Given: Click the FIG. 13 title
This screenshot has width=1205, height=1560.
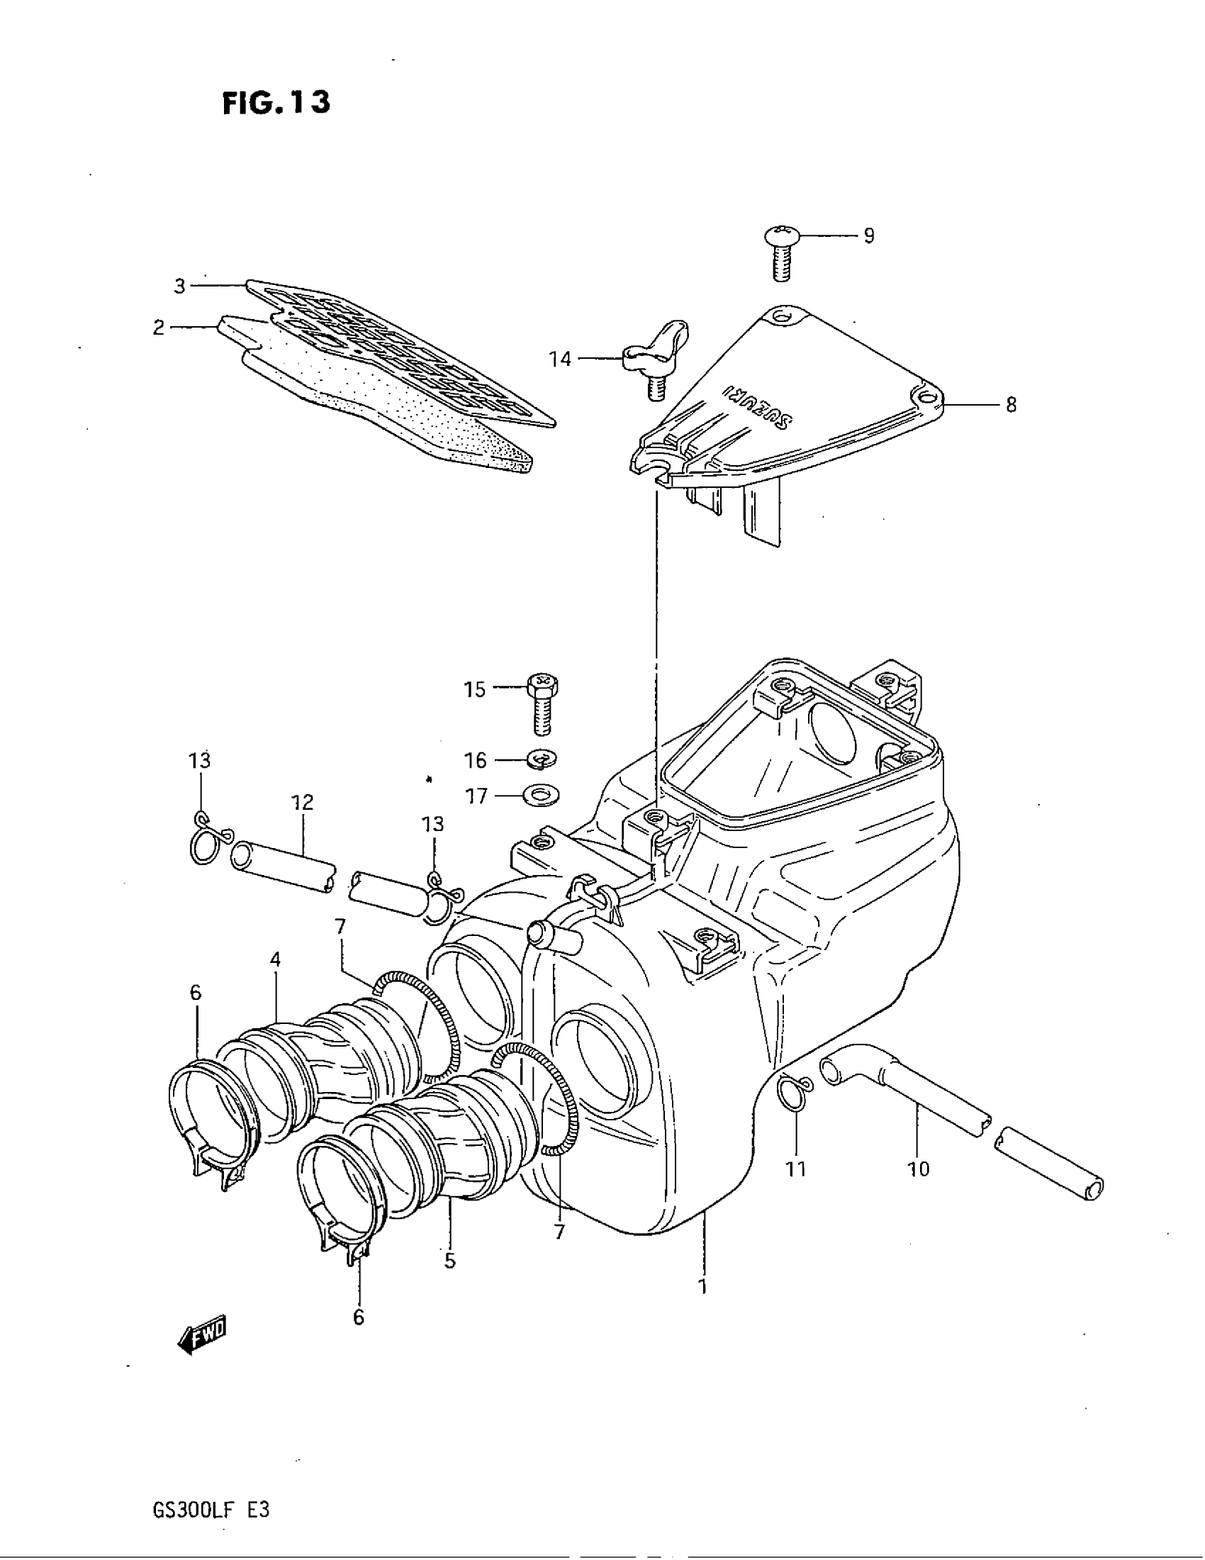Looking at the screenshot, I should click(276, 103).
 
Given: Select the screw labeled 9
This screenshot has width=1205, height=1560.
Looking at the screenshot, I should click(781, 253).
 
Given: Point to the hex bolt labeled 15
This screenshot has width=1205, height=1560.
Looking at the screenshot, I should click(542, 703).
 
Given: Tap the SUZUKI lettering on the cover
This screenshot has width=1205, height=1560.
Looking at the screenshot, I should click(756, 408).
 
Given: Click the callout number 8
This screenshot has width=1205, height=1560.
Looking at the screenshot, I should click(1010, 405).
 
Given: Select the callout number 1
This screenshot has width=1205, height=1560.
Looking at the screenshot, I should click(703, 1286).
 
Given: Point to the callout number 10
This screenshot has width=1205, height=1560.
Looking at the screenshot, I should click(919, 1169).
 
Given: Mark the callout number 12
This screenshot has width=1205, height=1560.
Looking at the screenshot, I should click(302, 802).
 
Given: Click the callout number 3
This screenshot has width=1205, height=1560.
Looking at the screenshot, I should click(179, 286).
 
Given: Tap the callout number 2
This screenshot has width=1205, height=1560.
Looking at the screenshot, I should click(159, 328).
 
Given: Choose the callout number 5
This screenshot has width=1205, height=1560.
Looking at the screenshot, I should click(449, 1261).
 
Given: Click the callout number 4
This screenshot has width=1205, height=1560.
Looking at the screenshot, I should click(276, 960).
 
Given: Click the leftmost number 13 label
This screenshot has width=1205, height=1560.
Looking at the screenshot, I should click(200, 761).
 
